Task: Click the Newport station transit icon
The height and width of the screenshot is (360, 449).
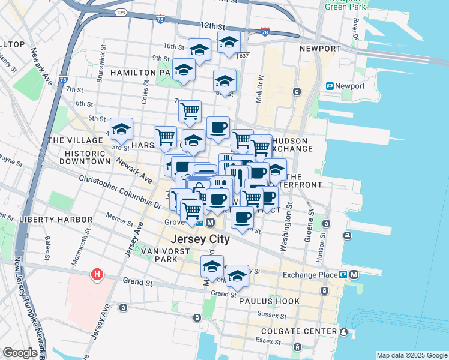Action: pyautogui.click(x=330, y=86)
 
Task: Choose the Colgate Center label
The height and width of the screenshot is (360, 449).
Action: pyautogui.click(x=295, y=331)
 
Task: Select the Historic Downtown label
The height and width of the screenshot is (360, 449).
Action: pyautogui.click(x=88, y=157)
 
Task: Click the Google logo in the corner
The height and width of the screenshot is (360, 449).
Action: pyautogui.click(x=20, y=353)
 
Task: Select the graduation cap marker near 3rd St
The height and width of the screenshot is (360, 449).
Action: pyautogui.click(x=121, y=128)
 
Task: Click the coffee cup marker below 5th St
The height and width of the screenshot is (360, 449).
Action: pyautogui.click(x=218, y=127)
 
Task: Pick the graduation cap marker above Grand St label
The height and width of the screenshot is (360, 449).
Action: pyautogui.click(x=212, y=266)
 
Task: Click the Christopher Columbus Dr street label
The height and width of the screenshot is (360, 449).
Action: pyautogui.click(x=120, y=192)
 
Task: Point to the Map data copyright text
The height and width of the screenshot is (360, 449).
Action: pyautogui.click(x=411, y=355)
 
